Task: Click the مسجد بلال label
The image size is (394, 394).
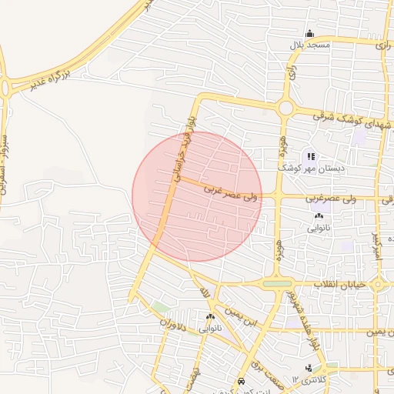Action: click(309, 45)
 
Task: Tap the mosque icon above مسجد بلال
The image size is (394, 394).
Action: click(309, 33)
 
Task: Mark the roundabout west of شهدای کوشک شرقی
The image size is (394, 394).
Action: click(286, 109)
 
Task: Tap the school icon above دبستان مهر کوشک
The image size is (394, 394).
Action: click(311, 156)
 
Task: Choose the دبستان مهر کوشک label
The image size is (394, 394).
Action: click(311, 167)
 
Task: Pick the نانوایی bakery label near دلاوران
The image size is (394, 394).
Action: click(210, 328)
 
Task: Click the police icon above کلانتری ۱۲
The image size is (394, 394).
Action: click(308, 367)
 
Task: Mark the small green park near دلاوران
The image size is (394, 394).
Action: click(160, 308)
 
